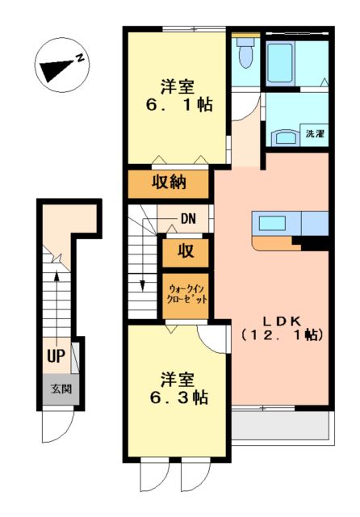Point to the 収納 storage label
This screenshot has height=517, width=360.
pyautogui.click(x=170, y=183)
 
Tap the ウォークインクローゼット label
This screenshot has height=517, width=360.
pyautogui.click(x=187, y=293)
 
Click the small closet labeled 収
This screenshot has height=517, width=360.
pyautogui.click(x=186, y=251)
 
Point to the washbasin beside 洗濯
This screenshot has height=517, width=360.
pyautogui.click(x=283, y=136)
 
